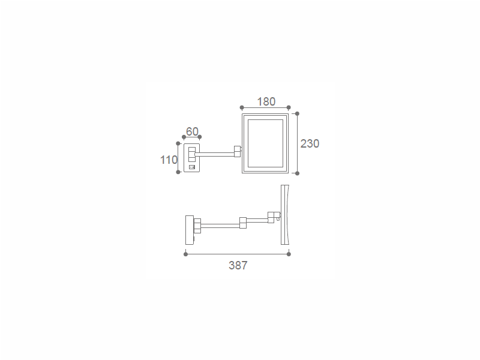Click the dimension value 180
tap(266, 101)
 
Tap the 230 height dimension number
tap(310, 143)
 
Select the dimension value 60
tap(192, 131)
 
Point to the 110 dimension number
tap(169, 160)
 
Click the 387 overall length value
tap(238, 265)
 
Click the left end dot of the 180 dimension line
tap(242, 107)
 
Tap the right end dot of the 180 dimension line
tap(289, 107)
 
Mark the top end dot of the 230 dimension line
tap(297, 113)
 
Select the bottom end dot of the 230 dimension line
tap(297, 173)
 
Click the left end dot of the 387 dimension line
tap(185, 254)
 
